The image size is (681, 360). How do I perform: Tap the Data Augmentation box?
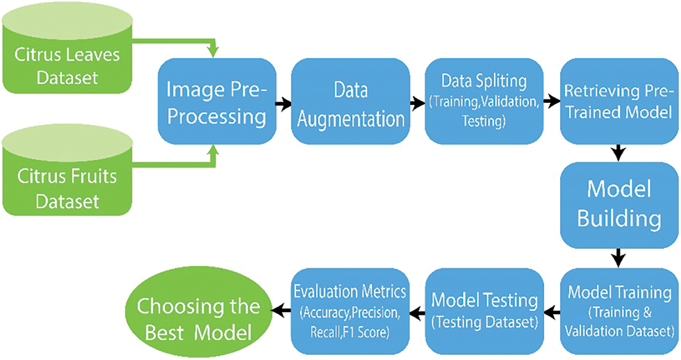(349, 102)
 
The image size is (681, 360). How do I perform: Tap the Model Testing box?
(484, 309)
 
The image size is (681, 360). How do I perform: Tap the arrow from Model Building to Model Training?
(617, 259)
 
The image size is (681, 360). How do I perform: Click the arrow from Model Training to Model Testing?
(551, 309)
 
